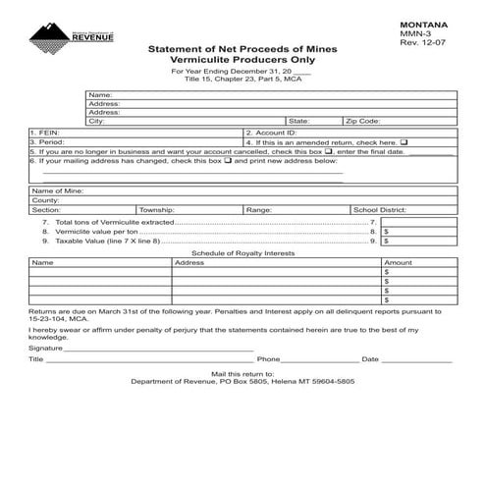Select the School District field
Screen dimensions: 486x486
tap(433, 210)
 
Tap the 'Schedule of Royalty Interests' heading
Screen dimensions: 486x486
tap(243, 253)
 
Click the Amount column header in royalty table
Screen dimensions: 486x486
tap(399, 263)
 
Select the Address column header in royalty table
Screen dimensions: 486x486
tap(189, 263)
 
